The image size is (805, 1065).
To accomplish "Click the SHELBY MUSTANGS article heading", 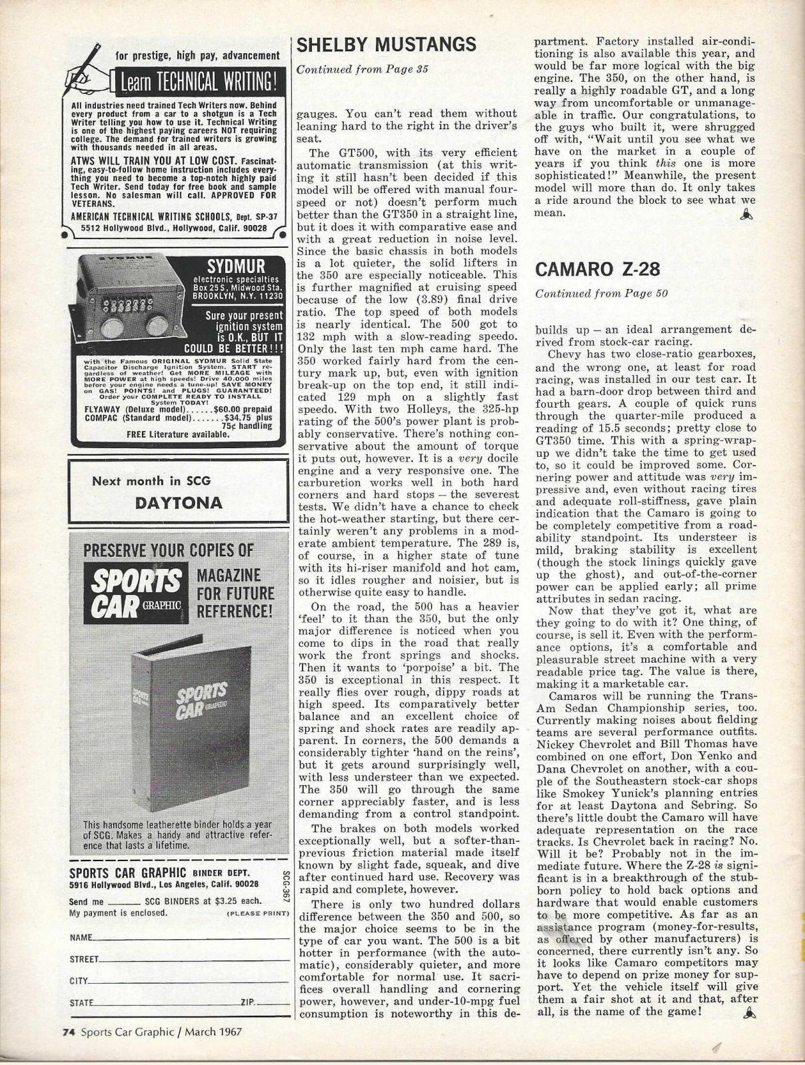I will (387, 45).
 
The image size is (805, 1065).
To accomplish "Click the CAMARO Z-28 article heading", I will (598, 270).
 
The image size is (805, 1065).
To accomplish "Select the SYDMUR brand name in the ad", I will (237, 265).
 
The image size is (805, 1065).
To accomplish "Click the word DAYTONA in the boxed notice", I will (179, 503).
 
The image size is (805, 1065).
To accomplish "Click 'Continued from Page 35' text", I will (362, 69).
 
